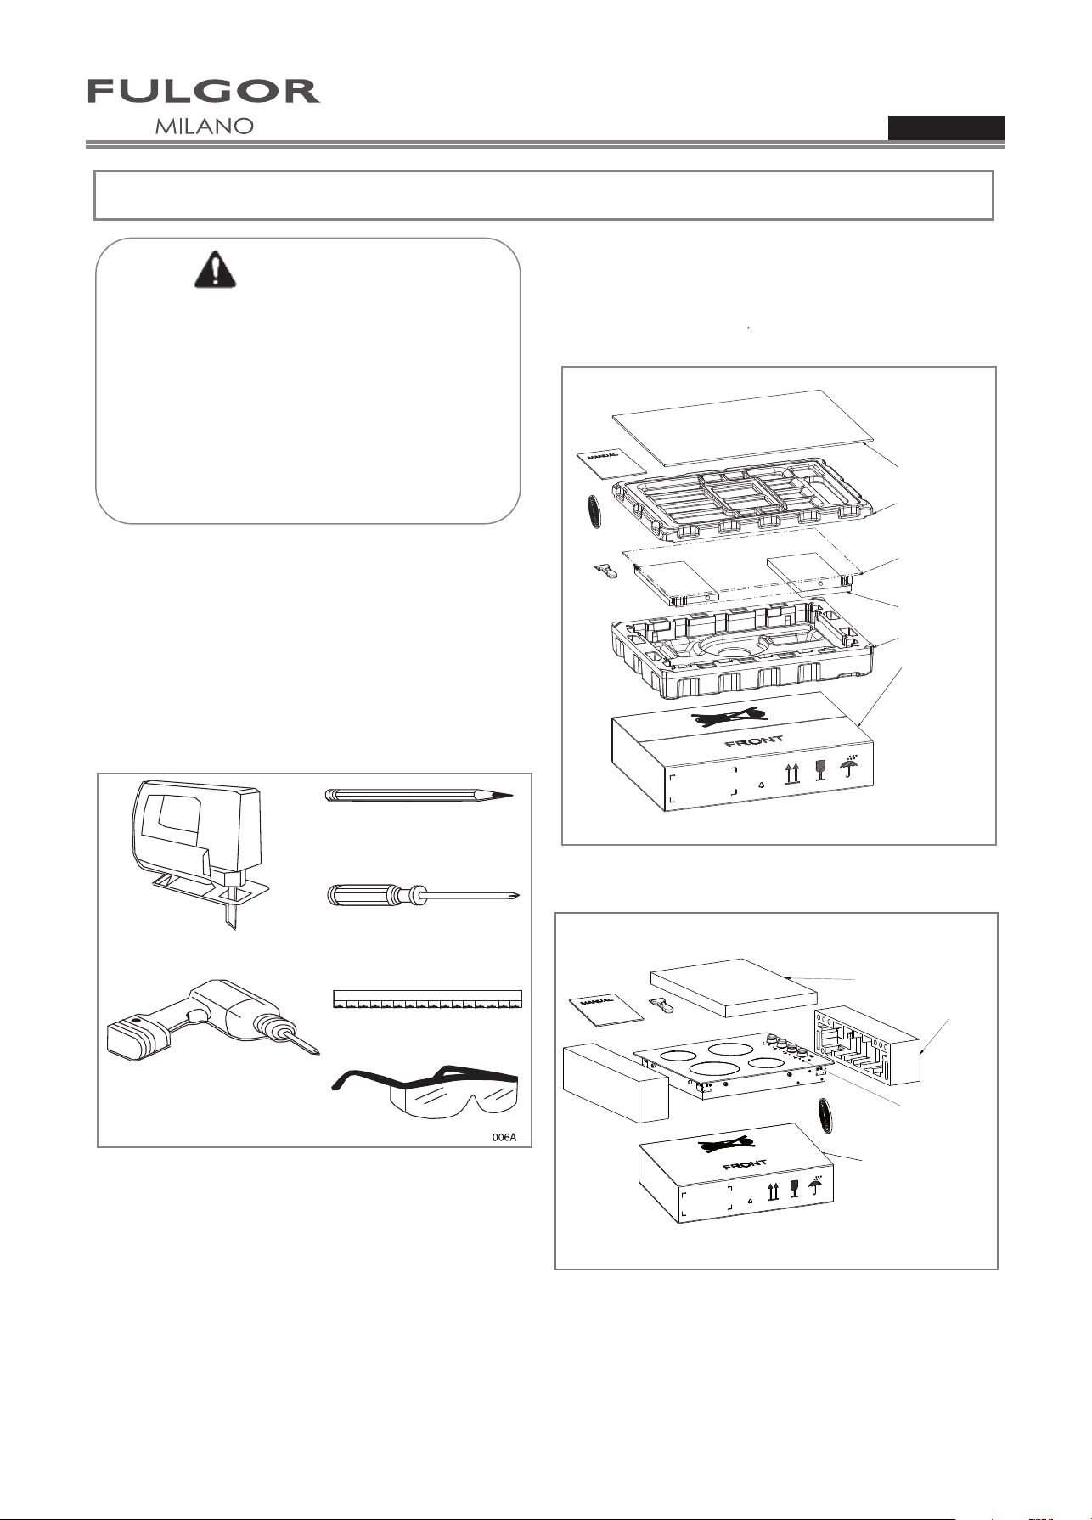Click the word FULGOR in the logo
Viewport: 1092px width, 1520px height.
[204, 92]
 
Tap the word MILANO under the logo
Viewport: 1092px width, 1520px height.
[205, 127]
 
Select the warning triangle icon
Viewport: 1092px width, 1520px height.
[216, 269]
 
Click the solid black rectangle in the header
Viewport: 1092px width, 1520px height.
[947, 127]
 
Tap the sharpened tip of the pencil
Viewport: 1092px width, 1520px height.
[508, 797]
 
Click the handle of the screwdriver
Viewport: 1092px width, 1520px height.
[362, 896]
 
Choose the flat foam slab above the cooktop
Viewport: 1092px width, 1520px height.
[733, 988]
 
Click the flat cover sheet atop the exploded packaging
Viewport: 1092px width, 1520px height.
[743, 427]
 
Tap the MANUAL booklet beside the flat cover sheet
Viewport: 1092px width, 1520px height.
[611, 463]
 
